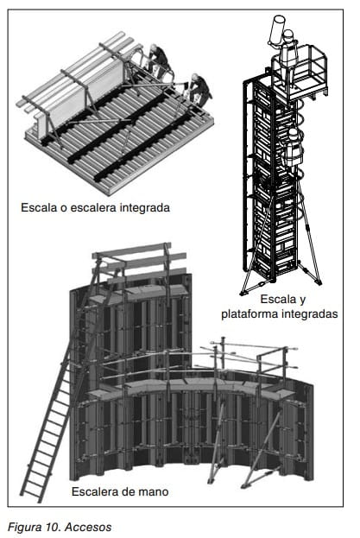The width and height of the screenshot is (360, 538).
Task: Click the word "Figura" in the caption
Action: pyautogui.click(x=25, y=527)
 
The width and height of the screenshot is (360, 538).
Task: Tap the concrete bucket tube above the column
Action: pyautogui.click(x=277, y=30)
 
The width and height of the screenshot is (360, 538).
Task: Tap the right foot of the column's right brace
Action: pyautogui.click(x=318, y=282)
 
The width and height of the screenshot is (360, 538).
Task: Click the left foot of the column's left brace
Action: pyautogui.click(x=243, y=293)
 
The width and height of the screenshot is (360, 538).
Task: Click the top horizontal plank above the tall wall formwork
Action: pyautogui.click(x=132, y=250)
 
